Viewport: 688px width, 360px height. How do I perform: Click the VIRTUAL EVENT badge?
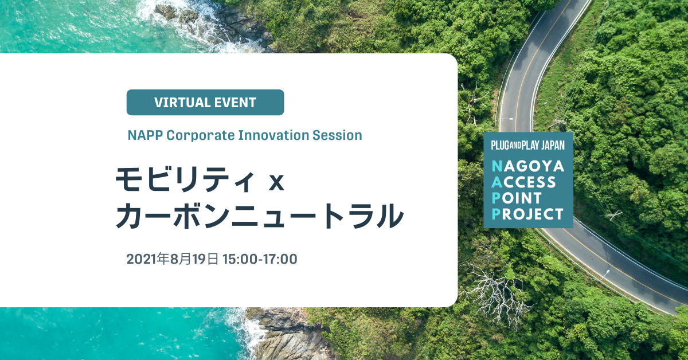205,102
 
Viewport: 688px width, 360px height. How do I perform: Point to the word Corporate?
201,135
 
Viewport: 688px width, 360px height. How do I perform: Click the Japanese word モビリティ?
185,179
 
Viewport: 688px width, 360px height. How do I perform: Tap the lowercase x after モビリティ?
276,183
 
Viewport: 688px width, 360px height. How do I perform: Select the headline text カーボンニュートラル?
260,216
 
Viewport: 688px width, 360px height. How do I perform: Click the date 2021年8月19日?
173,259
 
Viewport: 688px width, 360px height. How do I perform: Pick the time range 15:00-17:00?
260,259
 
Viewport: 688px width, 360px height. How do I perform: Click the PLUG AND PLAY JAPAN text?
527,145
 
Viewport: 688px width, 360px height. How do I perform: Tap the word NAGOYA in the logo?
528,166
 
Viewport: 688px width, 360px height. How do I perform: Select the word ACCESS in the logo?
523,182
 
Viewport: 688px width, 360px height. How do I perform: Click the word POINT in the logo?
517,198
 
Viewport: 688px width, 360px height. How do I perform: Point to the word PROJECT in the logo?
527,214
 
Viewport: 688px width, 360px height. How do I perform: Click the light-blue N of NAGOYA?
497,166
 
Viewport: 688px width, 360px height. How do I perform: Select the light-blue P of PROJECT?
496,214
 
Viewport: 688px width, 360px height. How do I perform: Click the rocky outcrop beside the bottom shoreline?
286,335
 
